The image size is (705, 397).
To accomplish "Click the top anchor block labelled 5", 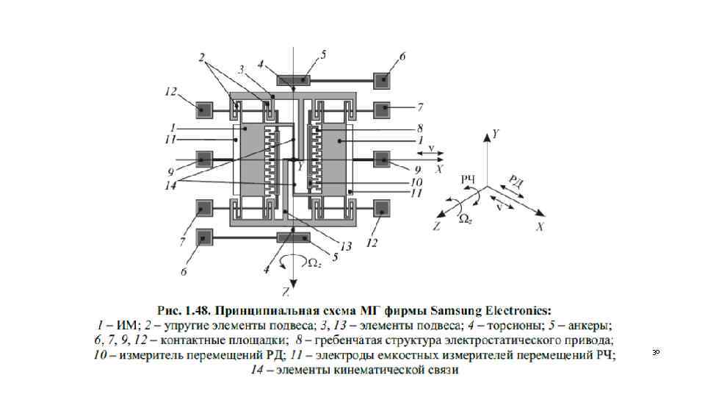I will click(292, 79).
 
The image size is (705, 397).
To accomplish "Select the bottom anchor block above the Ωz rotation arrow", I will click(292, 237).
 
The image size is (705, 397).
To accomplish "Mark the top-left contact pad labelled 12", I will click(203, 110).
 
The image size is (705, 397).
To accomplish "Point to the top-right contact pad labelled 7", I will click(383, 110).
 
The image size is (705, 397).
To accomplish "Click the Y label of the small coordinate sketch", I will click(496, 135).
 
